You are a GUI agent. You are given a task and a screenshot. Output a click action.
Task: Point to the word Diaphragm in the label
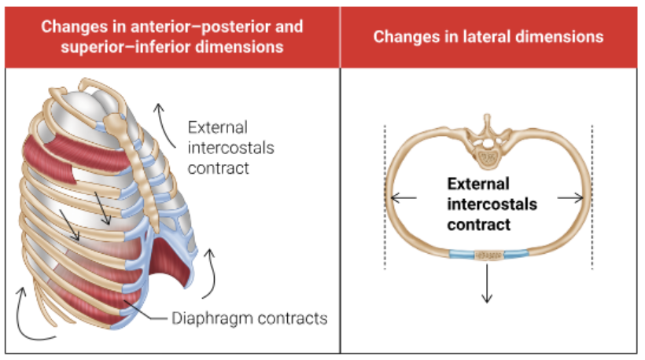coord(206,319)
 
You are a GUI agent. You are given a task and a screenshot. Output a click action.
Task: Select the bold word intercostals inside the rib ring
coord(492,204)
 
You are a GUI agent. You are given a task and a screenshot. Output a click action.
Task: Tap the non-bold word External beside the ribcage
coord(217,127)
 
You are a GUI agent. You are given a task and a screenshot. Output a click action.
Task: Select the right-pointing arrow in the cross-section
coord(572,199)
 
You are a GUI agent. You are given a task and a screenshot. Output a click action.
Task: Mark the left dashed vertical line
coord(385,197)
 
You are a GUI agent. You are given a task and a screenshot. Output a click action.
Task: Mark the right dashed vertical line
coord(592,197)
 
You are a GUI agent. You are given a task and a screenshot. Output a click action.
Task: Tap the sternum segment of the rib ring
coord(488,255)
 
